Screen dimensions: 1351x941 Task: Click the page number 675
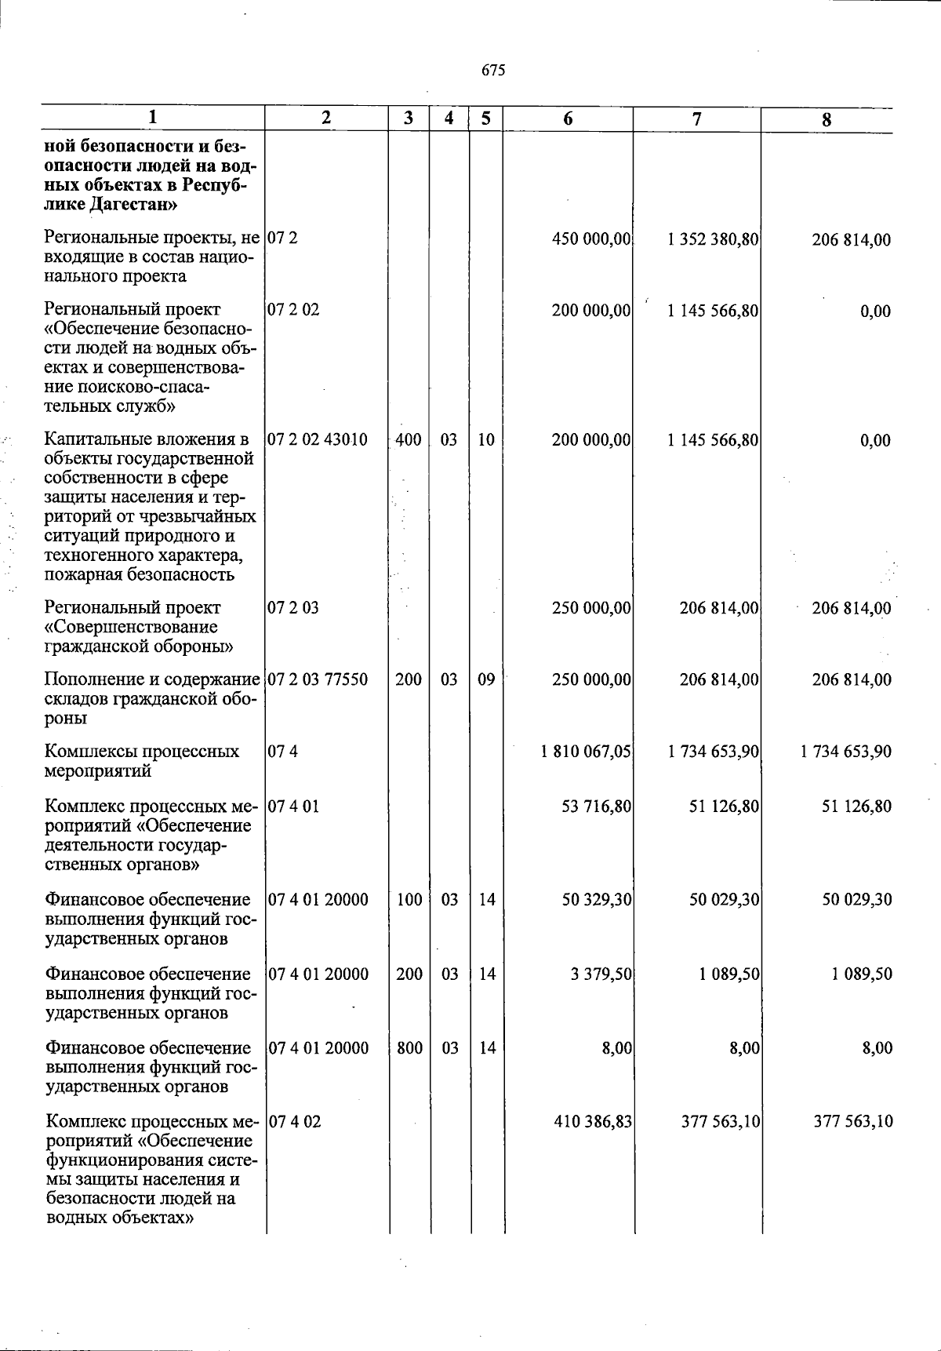(x=493, y=71)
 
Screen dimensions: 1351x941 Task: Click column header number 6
(x=568, y=118)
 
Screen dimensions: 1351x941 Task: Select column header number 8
(x=827, y=120)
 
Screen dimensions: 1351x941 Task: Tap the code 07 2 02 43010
(x=318, y=439)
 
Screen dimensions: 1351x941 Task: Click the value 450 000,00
(x=592, y=240)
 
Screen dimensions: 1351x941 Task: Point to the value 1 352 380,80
(x=713, y=240)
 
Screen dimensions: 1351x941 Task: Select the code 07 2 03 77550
(x=318, y=679)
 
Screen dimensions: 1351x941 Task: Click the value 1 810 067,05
(x=586, y=752)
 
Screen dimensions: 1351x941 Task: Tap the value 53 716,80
(x=597, y=806)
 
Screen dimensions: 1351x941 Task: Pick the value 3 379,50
(x=601, y=974)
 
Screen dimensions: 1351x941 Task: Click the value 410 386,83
(x=593, y=1121)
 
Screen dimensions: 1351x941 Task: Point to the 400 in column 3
(x=409, y=439)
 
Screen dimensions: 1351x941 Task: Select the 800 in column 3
(x=409, y=1047)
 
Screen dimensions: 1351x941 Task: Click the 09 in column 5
(x=486, y=679)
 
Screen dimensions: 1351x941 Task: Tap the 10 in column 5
(x=486, y=439)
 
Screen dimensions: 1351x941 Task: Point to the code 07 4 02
(x=295, y=1121)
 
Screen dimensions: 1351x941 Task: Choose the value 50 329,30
(x=597, y=899)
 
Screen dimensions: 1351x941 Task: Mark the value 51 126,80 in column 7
(x=724, y=806)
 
